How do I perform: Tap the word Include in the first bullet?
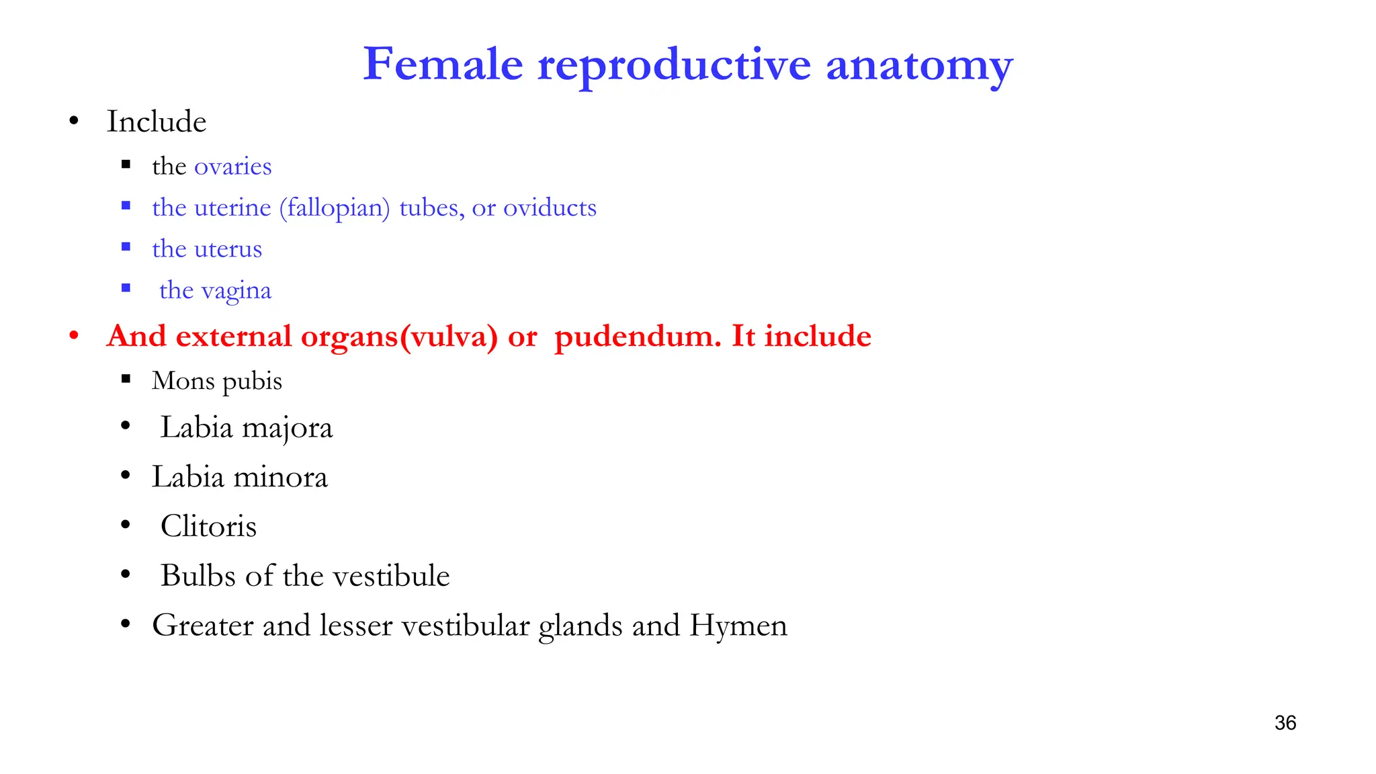click(x=157, y=122)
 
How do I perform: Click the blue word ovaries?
click(x=232, y=167)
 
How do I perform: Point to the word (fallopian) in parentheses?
click(x=335, y=208)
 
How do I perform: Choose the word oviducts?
click(x=550, y=208)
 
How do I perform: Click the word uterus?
click(x=228, y=249)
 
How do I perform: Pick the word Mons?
click(x=183, y=381)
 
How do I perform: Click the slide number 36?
click(x=1285, y=723)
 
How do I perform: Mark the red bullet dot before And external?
click(x=74, y=335)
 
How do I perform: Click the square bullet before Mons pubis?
click(x=126, y=379)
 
